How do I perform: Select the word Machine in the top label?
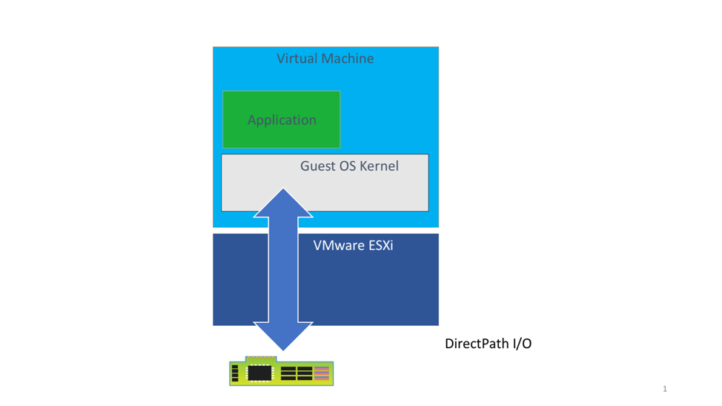[348, 58]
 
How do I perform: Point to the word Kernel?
[379, 166]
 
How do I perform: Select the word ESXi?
[380, 245]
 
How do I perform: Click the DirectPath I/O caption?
[488, 344]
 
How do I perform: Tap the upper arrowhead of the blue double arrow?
[283, 202]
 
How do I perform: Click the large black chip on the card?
[259, 373]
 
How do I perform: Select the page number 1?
[665, 389]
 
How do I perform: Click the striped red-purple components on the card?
[322, 373]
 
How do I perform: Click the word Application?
[282, 120]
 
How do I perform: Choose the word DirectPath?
[476, 344]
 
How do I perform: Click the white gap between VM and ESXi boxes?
[371, 230]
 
